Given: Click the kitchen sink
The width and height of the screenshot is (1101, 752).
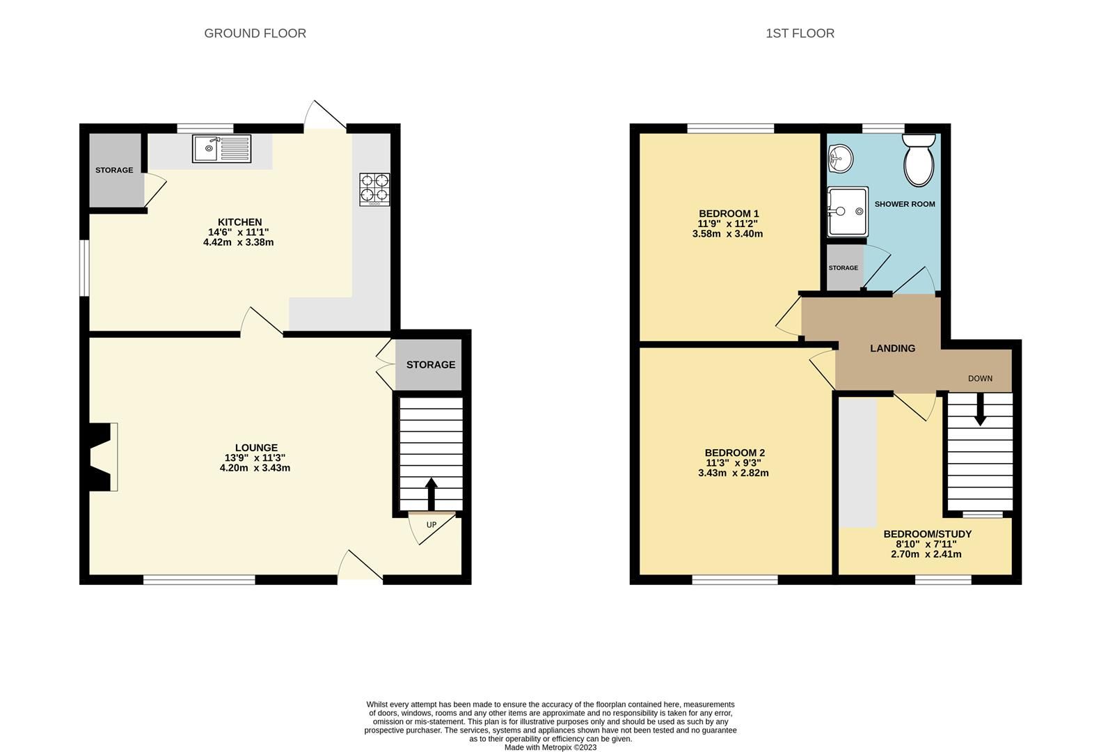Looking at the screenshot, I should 222,149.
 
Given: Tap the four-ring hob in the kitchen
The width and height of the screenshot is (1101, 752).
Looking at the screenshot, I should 374,189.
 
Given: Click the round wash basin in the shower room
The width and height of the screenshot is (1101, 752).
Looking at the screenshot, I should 840,159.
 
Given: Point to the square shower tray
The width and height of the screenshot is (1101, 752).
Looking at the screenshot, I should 847,211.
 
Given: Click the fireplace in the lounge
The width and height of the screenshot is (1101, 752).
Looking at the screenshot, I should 102,457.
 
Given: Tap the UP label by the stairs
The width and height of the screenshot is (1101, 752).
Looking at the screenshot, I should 431,525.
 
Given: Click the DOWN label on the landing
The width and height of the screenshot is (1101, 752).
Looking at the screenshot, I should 980,379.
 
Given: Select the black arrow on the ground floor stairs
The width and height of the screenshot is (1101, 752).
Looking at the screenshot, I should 431,494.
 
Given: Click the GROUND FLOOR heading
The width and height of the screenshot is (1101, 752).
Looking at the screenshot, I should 255,33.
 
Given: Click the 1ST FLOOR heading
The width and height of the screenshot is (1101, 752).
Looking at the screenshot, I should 800,33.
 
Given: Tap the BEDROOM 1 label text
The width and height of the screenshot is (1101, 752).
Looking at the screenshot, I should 728,214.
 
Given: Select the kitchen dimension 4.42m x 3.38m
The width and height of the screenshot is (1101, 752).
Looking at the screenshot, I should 238,242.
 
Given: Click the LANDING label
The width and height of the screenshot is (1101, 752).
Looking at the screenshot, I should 892,348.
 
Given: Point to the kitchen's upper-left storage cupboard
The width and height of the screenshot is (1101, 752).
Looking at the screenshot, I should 114,170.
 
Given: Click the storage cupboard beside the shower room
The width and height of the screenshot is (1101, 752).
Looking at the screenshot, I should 843,268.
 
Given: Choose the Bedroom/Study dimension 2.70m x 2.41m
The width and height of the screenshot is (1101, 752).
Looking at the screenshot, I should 926,554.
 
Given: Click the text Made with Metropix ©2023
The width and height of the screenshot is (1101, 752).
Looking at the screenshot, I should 550,747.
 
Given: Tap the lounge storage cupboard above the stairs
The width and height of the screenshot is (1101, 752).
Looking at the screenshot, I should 430,365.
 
